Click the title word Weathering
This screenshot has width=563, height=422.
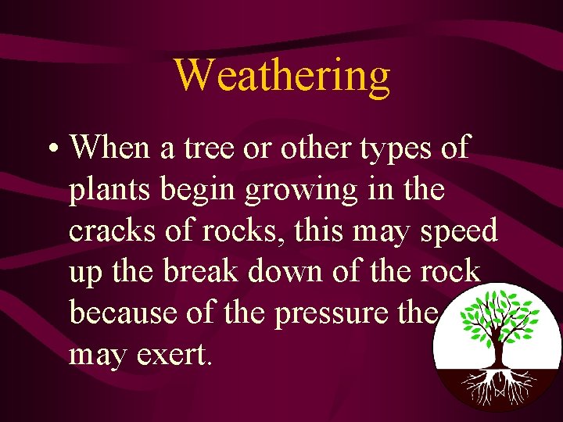pyautogui.click(x=281, y=76)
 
